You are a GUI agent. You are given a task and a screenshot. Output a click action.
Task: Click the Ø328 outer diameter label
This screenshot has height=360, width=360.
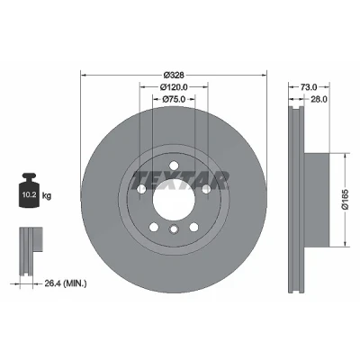pos(174,75)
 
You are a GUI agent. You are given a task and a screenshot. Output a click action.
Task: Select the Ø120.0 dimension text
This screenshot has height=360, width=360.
pos(174,87)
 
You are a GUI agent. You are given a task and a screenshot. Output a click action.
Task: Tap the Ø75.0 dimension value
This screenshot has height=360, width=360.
pos(174,99)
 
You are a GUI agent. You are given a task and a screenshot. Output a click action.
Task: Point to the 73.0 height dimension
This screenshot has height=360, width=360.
pos(309,87)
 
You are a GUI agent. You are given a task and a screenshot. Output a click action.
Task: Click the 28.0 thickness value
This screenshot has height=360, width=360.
pos(319,99)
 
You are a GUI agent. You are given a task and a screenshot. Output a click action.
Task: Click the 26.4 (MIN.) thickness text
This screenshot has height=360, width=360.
pos(66,283)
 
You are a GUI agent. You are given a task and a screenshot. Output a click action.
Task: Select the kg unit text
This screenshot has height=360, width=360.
pos(47,196)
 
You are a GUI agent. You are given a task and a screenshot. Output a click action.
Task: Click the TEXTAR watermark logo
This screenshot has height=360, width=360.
pos(180,181)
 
